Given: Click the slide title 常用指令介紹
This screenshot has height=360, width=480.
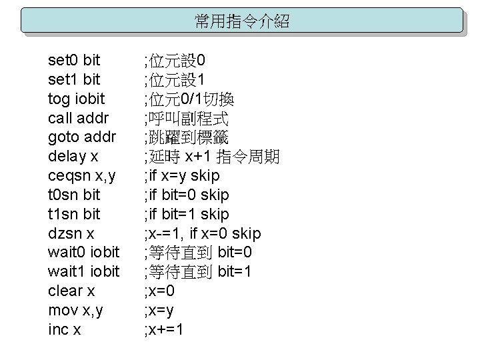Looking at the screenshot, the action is (241, 21).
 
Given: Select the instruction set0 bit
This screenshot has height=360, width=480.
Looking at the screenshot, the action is (75, 61).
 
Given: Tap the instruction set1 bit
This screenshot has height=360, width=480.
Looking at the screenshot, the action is (75, 81).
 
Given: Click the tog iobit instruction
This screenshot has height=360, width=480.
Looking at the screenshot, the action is (77, 100).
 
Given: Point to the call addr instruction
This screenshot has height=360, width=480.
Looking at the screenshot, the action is (79, 119).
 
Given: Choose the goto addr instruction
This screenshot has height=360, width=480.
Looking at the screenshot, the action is (82, 138).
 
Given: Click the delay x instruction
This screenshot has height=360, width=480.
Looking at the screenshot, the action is (73, 157).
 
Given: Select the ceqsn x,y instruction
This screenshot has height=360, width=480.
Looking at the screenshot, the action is (81, 176).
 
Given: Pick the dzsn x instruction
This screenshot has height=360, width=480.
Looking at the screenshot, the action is (71, 233).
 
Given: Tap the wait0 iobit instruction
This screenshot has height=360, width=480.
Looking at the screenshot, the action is (84, 253).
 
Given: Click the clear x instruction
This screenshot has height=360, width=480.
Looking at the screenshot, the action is (72, 291).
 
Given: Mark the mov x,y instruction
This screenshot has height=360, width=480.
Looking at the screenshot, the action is (76, 310).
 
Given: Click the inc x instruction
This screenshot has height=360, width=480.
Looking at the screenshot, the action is (65, 329).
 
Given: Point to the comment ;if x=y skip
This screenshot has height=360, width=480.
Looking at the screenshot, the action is (182, 176).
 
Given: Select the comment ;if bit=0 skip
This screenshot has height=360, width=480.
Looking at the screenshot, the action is (187, 195).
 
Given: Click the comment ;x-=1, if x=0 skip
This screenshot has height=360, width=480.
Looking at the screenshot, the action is (203, 233).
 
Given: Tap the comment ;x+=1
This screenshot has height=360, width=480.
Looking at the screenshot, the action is (164, 329).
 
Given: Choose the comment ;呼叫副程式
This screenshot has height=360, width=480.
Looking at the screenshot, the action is (186, 119).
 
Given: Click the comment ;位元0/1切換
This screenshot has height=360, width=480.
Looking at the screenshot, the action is (189, 100).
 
